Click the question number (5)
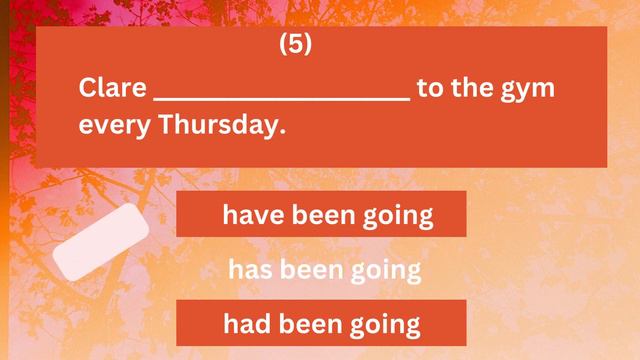pos(295,45)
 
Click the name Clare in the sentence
pos(112,88)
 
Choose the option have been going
pos(321,214)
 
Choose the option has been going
pos(324,269)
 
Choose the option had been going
pos(321,323)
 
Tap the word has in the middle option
pos(251,269)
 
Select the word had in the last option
pos(247,323)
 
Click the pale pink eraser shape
pos(101,243)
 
